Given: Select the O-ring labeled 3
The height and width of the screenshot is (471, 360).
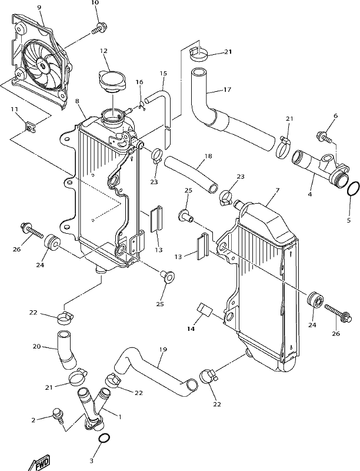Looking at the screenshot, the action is [104, 438].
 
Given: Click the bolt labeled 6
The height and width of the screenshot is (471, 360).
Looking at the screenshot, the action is [324, 137].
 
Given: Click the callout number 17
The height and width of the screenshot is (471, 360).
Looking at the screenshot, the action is [228, 89].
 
